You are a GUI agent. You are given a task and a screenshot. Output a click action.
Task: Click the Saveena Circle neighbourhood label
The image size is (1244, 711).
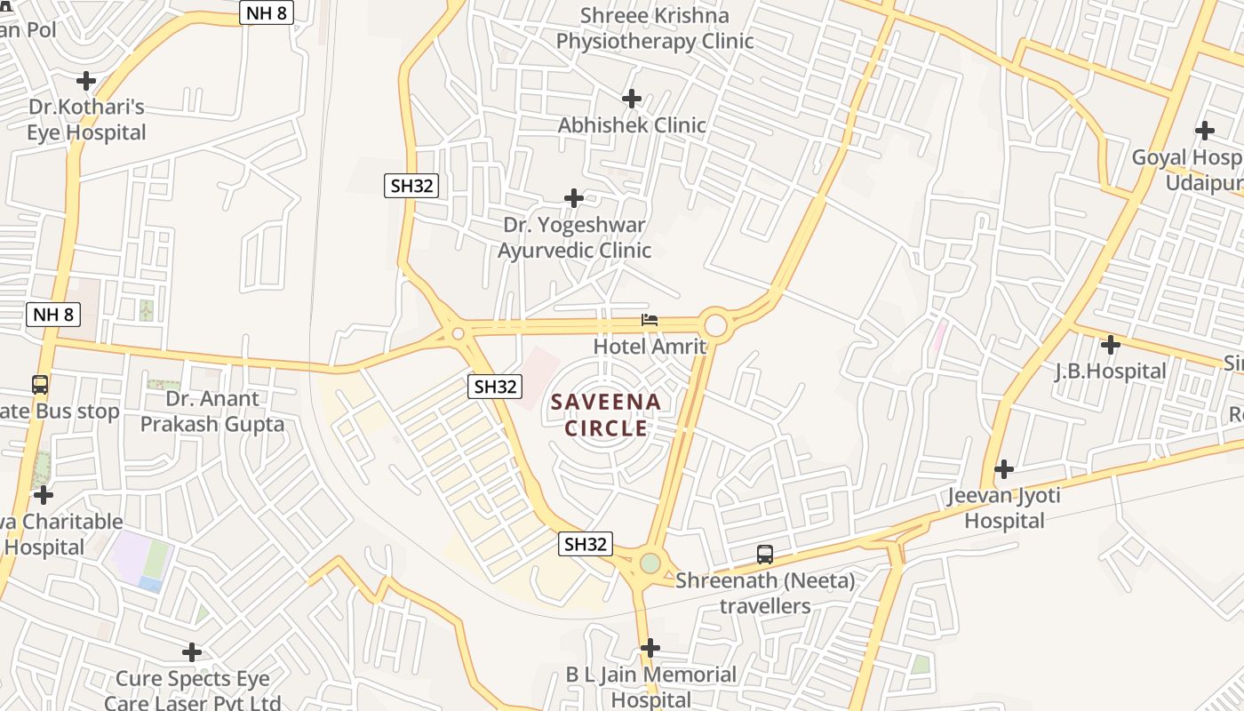pos(606,415)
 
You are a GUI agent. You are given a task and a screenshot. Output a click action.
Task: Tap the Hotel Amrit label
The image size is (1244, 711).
pos(650,347)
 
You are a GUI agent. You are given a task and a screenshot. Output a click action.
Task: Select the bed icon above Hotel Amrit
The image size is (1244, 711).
pos(650,320)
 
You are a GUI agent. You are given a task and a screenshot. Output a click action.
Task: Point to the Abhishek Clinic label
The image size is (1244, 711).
pos(631,125)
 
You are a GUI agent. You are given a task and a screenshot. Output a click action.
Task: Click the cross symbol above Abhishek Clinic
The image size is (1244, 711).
pos(632,98)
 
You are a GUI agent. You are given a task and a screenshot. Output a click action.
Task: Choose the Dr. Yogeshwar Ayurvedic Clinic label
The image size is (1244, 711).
pos(574,238)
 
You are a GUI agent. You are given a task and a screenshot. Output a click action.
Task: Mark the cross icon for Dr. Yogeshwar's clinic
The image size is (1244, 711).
pos(574,197)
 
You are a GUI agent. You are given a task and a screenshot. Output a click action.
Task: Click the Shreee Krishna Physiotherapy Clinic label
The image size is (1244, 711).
pos(655,28)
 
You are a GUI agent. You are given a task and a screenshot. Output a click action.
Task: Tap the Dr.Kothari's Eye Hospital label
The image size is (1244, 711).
pos(86,120)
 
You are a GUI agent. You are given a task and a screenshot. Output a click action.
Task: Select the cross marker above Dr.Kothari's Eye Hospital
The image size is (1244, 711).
pos(86,81)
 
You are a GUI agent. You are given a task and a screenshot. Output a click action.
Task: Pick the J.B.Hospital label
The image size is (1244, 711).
pos(1110,371)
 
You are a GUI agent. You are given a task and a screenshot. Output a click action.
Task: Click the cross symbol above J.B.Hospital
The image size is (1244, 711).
pos(1110,345)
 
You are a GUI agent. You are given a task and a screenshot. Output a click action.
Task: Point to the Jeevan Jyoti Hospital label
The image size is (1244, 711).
pos(1004,507)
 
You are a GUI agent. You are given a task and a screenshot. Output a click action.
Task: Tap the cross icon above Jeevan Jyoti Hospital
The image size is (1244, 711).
pos(1004,468)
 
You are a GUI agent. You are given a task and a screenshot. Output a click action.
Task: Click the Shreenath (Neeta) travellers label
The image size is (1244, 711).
pos(765,594)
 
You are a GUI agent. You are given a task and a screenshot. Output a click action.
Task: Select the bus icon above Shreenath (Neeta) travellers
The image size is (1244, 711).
pos(765,555)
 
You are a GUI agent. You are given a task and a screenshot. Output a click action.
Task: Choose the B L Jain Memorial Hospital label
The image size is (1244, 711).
pos(651,687)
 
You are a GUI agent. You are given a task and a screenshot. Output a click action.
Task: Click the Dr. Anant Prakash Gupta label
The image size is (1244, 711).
pos(212,411)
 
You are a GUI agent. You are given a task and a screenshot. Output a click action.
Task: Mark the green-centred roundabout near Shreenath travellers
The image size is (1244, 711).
pos(650,563)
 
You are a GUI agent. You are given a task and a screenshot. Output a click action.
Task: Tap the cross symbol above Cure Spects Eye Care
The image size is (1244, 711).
pos(191,653)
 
